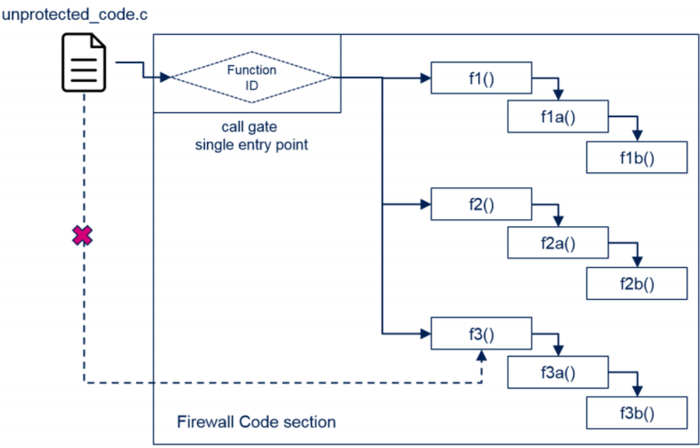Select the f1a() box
pos(557,117)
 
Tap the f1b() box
pos(636,157)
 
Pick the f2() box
pos(481,204)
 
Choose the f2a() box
pos(557,244)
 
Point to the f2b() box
pos(636,284)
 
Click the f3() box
pos(481,332)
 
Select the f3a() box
pos(557,372)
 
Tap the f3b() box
pos(636,413)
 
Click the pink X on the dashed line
pos(83,236)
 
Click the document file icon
pos(83,65)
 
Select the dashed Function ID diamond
pos(252,77)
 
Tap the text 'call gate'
pos(249,128)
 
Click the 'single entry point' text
pos(249,145)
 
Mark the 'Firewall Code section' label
pos(256,422)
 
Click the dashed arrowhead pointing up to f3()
pos(482,354)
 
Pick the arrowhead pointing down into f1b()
pos(637,136)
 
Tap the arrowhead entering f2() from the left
pos(425,205)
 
